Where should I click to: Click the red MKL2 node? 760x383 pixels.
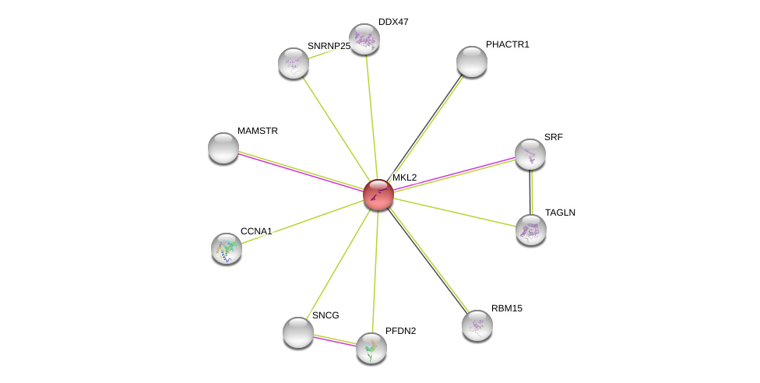click(378, 195)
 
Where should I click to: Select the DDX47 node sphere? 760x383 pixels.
click(364, 39)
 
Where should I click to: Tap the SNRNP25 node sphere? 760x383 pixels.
click(294, 64)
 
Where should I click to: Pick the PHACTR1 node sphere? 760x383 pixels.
click(472, 61)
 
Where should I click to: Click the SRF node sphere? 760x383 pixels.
click(530, 154)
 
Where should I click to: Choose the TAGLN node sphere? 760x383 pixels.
click(531, 230)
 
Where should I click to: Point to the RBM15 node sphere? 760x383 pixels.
click(477, 325)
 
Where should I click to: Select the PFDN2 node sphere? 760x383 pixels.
click(371, 348)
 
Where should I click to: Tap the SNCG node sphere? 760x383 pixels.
click(297, 332)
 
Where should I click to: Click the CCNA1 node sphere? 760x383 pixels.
click(227, 248)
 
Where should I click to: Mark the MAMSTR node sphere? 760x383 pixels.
click(223, 148)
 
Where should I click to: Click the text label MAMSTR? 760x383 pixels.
click(258, 131)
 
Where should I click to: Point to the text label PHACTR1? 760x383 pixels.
click(508, 44)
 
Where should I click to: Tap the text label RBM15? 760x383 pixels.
click(506, 308)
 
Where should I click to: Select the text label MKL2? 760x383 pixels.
click(404, 177)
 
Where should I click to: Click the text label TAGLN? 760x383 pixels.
click(560, 213)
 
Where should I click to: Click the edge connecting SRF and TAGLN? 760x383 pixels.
click(531, 192)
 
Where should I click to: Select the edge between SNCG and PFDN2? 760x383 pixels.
click(335, 340)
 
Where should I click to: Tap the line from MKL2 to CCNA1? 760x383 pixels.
click(302, 222)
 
